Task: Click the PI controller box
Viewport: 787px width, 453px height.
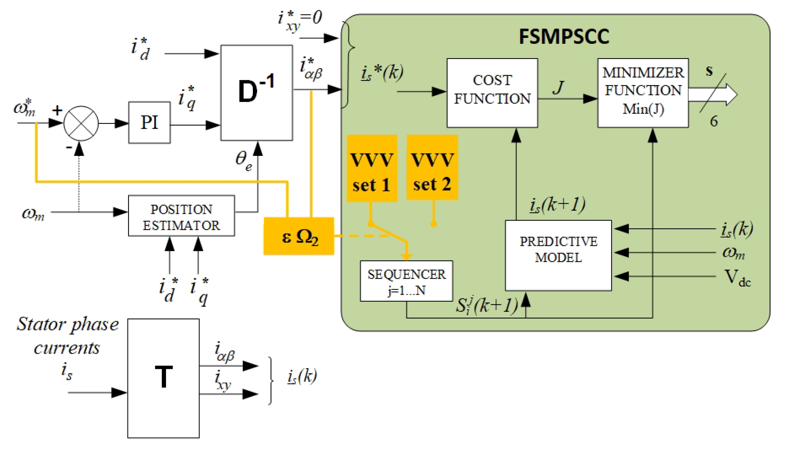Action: pyautogui.click(x=149, y=122)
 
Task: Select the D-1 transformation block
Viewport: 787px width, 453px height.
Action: pyautogui.click(x=256, y=92)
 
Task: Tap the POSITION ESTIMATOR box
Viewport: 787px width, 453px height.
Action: pyautogui.click(x=181, y=216)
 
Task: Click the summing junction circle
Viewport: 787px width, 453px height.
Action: pyautogui.click(x=81, y=123)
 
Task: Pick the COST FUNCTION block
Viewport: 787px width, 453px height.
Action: pyautogui.click(x=492, y=93)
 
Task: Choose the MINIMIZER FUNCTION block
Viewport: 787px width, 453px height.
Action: pyautogui.click(x=643, y=93)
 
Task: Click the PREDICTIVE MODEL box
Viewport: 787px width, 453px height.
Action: pyautogui.click(x=558, y=255)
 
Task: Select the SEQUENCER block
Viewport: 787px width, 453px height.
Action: pyautogui.click(x=406, y=281)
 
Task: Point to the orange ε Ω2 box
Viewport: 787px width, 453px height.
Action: pyautogui.click(x=298, y=236)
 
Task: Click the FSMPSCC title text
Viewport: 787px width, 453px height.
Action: pyautogui.click(x=563, y=37)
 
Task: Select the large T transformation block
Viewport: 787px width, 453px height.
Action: pyautogui.click(x=163, y=378)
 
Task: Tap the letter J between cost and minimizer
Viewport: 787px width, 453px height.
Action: pyautogui.click(x=558, y=87)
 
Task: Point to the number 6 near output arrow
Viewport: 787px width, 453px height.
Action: pyautogui.click(x=713, y=121)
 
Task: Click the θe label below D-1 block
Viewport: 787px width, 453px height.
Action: pyautogui.click(x=243, y=160)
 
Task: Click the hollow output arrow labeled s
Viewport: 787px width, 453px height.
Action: pyautogui.click(x=716, y=94)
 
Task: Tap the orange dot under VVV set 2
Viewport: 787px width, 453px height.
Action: pyautogui.click(x=433, y=224)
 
